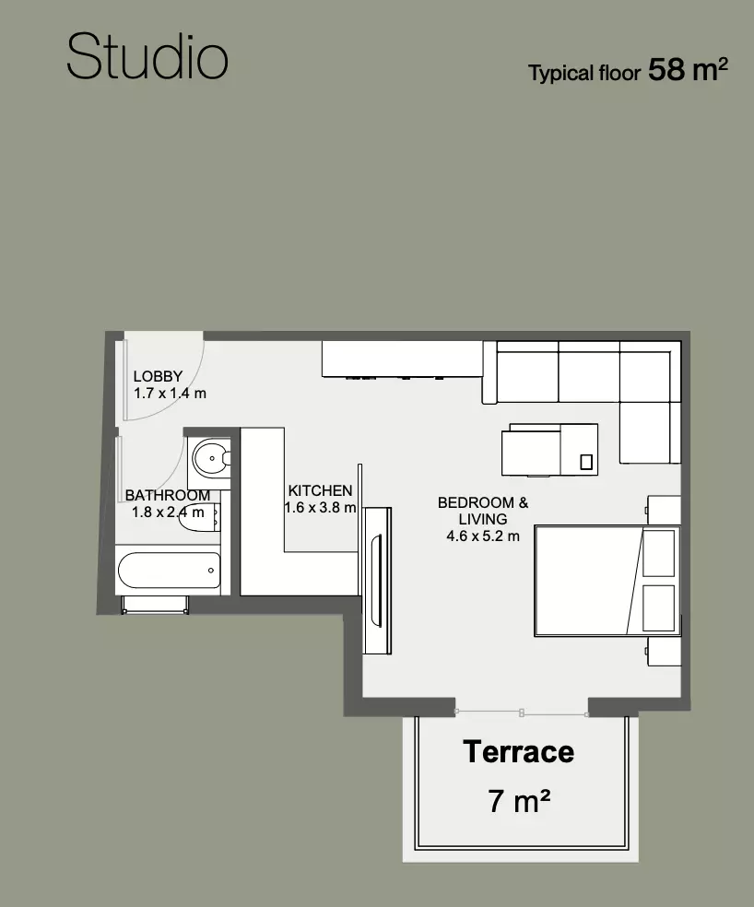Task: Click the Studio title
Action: click(x=147, y=56)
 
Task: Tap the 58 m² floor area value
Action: click(x=688, y=69)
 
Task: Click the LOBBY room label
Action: click(x=158, y=376)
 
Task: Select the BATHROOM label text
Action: click(x=168, y=495)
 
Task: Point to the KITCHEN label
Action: click(x=320, y=490)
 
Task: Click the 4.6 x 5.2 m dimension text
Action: click(x=483, y=536)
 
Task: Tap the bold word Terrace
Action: click(x=518, y=752)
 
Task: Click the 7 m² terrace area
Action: click(x=518, y=801)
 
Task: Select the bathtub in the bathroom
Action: click(x=169, y=570)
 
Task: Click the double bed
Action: click(x=607, y=581)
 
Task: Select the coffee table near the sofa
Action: click(x=549, y=450)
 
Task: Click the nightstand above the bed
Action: click(x=663, y=510)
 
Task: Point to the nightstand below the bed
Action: click(x=663, y=652)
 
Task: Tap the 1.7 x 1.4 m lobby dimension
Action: click(x=171, y=394)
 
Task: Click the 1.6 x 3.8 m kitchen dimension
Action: click(x=320, y=507)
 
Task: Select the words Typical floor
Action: click(x=584, y=74)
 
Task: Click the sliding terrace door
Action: click(x=522, y=713)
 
